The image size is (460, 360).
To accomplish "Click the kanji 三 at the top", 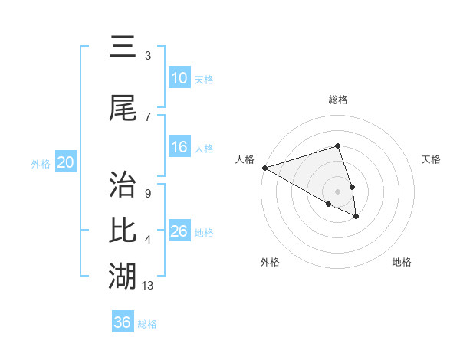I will click(123, 47).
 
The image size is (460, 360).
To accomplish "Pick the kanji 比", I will click(123, 229).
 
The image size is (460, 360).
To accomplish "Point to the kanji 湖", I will click(123, 273).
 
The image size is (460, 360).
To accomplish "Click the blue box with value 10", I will click(179, 78).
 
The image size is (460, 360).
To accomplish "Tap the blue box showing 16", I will click(179, 147).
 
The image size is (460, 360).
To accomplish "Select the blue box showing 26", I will click(179, 231).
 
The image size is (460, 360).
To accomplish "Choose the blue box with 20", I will click(66, 162).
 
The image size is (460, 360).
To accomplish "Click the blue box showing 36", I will click(123, 322).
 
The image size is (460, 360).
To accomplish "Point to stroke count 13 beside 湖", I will click(148, 286).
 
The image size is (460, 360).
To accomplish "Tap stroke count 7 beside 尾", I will click(147, 116).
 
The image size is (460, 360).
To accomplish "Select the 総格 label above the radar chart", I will click(337, 100).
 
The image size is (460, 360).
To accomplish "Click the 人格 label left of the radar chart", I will click(245, 159).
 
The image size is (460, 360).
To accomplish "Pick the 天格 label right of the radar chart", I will click(432, 159).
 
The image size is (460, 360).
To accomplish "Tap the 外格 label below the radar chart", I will click(270, 263).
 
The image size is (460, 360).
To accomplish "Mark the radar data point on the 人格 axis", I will click(264, 167).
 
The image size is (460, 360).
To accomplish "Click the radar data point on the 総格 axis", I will click(337, 146).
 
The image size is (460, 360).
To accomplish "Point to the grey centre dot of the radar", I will click(337, 191).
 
